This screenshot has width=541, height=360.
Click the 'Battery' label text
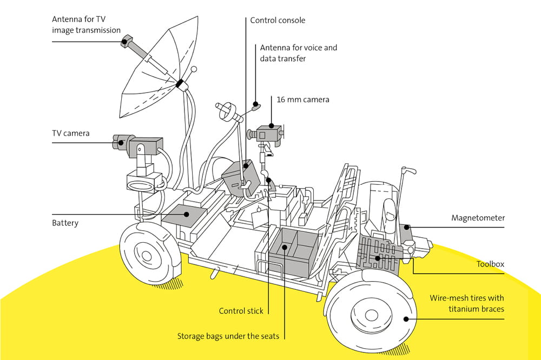tap(65, 223)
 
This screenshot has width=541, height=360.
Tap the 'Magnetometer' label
tap(478, 218)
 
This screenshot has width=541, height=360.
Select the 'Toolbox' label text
tap(490, 264)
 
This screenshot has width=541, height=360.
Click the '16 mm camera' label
tap(302, 99)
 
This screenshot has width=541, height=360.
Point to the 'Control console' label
tap(278, 21)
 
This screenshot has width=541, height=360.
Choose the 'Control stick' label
tap(241, 311)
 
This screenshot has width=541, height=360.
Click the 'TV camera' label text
tap(70, 133)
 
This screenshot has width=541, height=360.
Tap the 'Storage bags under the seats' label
tap(228, 336)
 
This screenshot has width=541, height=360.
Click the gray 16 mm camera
tap(267, 133)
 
